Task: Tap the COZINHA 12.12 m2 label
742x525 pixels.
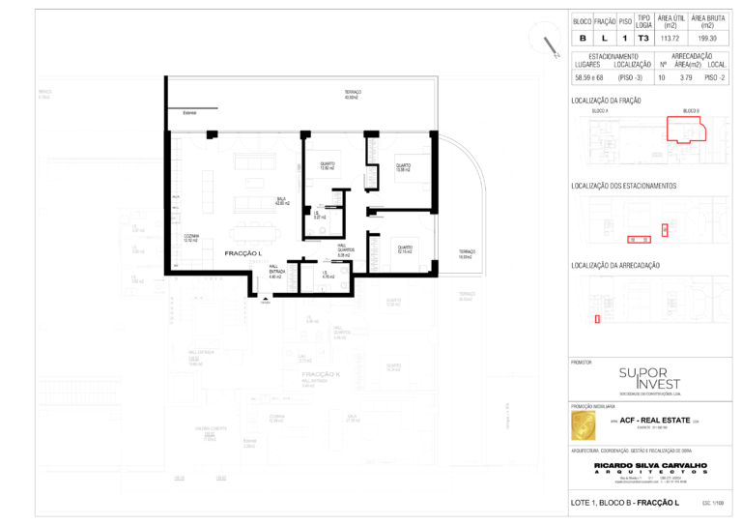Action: point(191,239)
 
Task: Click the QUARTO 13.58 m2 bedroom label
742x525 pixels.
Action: point(402,167)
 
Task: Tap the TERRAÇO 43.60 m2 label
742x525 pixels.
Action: point(353,95)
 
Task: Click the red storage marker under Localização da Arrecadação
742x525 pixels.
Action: point(597,318)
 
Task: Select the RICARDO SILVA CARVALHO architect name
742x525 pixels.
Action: point(649,465)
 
